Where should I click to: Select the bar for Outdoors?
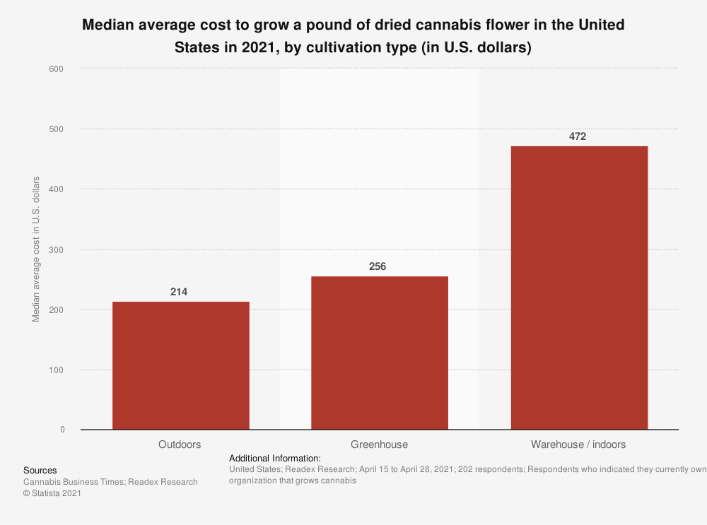click(180, 365)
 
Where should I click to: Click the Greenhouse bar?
click(380, 353)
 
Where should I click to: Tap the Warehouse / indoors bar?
click(579, 288)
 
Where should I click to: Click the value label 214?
click(179, 291)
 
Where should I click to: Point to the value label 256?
click(378, 266)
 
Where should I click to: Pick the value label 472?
click(578, 136)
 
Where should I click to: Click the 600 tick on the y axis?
click(57, 69)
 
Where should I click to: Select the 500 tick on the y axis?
click(57, 129)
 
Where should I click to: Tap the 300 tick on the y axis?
click(57, 250)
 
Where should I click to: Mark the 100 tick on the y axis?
click(57, 370)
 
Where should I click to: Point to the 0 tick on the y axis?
click(62, 430)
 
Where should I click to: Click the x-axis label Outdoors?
click(180, 444)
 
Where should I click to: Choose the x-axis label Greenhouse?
click(379, 444)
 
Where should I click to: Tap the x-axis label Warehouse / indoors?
click(578, 444)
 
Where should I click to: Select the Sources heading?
click(40, 470)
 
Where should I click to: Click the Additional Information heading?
click(275, 458)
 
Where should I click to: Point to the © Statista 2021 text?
click(52, 494)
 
